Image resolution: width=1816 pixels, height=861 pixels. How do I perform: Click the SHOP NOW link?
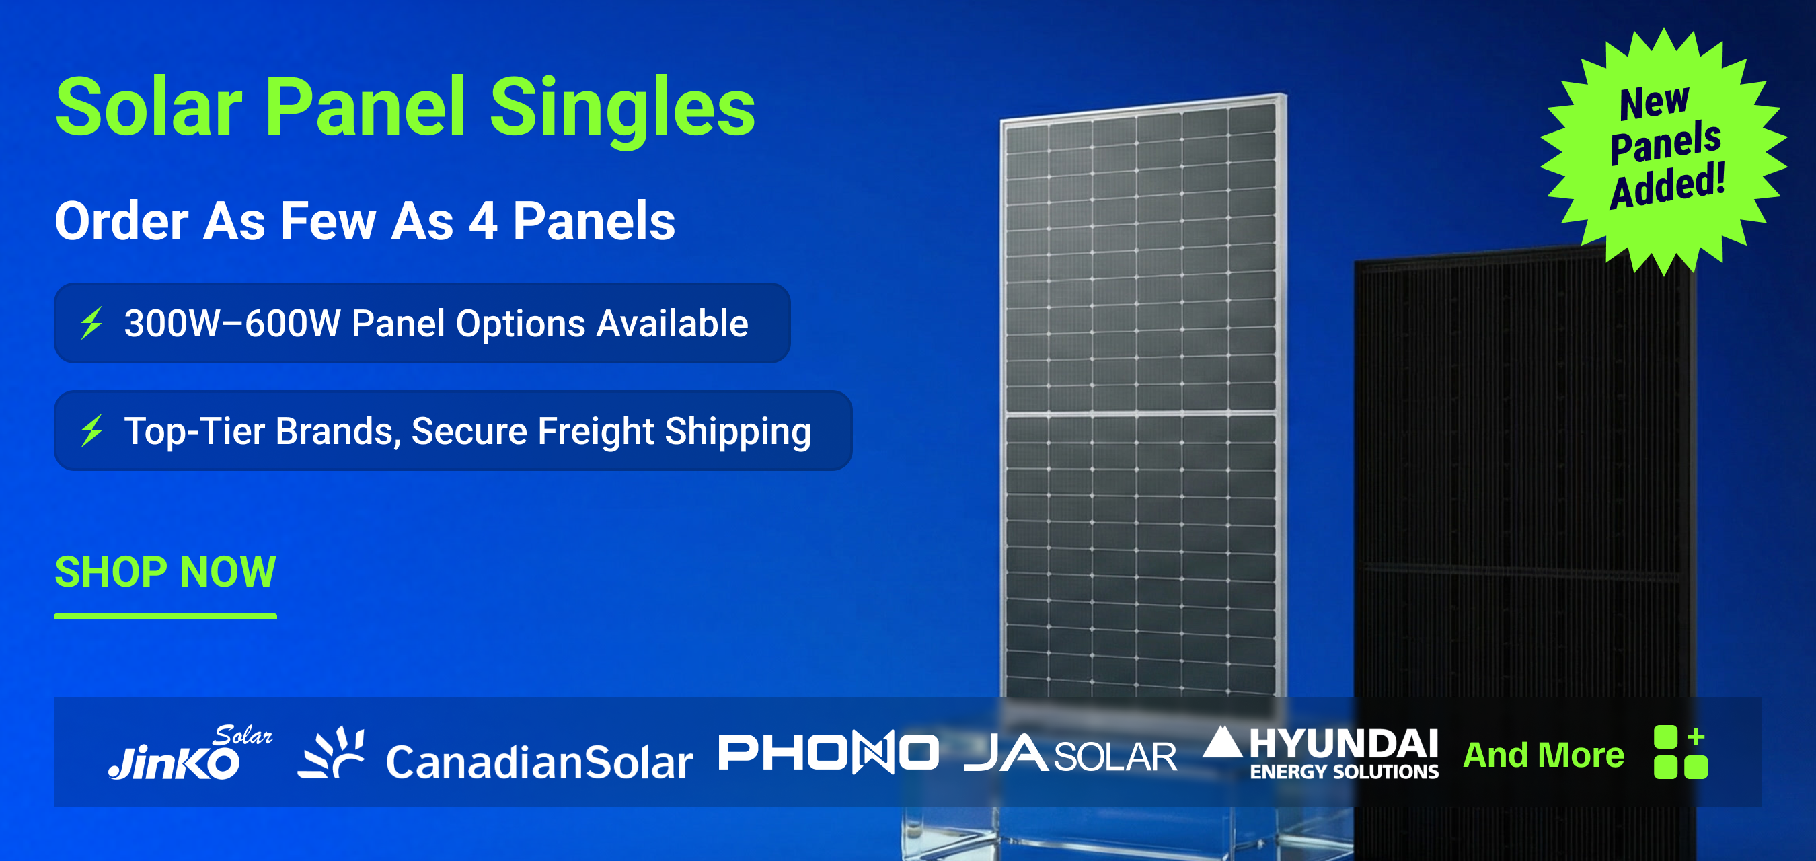(165, 571)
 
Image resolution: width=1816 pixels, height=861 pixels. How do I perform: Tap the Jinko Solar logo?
(189, 753)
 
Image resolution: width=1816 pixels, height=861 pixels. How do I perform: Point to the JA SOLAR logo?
(1070, 754)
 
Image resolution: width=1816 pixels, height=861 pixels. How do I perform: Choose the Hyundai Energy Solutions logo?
(1321, 753)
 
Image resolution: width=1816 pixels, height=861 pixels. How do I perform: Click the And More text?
(1543, 755)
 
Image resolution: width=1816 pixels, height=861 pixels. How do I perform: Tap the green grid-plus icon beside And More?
(1680, 753)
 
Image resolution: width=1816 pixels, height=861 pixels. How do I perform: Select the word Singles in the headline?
(621, 108)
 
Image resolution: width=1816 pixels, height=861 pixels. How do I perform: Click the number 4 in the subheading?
(483, 221)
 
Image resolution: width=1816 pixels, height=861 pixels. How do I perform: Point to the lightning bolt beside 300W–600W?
(91, 323)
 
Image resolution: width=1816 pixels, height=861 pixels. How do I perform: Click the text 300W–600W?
(233, 324)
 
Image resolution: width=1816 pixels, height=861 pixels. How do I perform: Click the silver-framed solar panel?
(1141, 395)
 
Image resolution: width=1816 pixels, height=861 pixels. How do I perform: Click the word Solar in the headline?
(149, 108)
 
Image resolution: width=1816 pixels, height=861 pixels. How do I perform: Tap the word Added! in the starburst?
(1668, 186)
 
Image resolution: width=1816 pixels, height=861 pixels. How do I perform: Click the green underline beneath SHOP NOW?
(165, 616)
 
